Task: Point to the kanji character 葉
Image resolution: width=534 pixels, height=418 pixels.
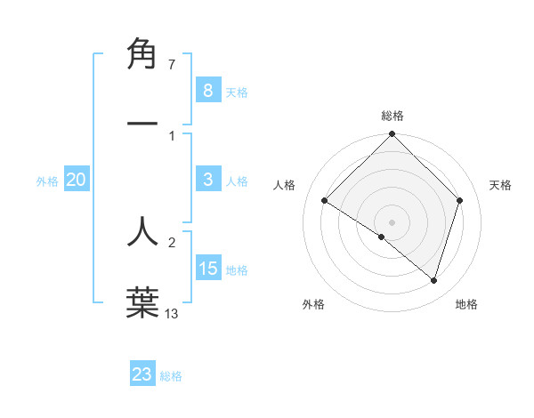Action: click(142, 301)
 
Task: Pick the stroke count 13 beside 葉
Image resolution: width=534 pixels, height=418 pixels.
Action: click(172, 313)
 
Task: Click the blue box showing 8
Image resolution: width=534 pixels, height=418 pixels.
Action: click(207, 91)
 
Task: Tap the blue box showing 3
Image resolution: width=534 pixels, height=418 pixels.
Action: click(207, 180)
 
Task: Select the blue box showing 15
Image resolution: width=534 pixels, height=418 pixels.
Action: click(207, 269)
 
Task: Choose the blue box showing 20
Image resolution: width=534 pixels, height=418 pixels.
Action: click(76, 180)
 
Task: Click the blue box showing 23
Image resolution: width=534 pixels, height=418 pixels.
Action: click(142, 374)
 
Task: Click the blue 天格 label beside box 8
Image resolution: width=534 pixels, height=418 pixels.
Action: click(237, 92)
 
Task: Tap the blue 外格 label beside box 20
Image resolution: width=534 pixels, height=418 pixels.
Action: click(47, 181)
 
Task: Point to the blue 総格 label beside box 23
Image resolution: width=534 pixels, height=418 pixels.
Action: click(171, 376)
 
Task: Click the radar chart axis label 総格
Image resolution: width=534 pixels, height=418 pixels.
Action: click(392, 116)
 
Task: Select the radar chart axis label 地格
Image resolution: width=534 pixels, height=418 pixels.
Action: click(466, 304)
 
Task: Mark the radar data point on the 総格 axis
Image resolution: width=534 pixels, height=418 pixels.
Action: click(392, 135)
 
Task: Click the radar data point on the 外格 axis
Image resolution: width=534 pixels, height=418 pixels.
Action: click(382, 237)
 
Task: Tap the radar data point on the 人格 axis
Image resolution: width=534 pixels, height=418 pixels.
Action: click(325, 201)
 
